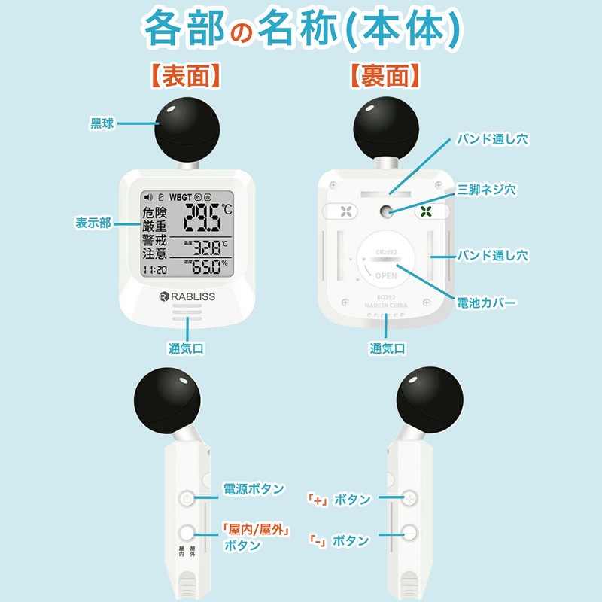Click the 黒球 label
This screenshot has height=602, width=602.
pyautogui.click(x=102, y=124)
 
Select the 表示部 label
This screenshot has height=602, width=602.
pyautogui.click(x=93, y=223)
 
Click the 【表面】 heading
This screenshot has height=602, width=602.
pyautogui.click(x=184, y=75)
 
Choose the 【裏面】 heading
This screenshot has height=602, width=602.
pyautogui.click(x=384, y=75)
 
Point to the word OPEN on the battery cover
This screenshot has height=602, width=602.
pyautogui.click(x=387, y=275)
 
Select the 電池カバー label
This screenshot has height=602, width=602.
pyautogui.click(x=487, y=302)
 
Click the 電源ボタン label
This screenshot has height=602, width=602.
pyautogui.click(x=254, y=489)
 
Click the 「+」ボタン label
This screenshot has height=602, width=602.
pyautogui.click(x=339, y=500)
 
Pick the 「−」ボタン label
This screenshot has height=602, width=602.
pyautogui.click(x=339, y=540)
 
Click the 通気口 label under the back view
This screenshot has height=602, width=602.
pyautogui.click(x=388, y=348)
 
